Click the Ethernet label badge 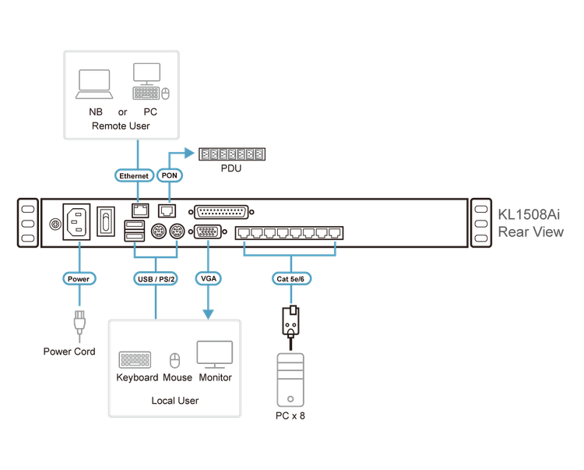[133, 176]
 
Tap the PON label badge [169, 176]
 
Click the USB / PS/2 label [156, 278]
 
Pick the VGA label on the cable [208, 278]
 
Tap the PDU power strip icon [231, 153]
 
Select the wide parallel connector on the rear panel [223, 213]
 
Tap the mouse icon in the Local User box [175, 360]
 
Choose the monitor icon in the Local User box [214, 355]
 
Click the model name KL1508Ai [529, 213]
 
